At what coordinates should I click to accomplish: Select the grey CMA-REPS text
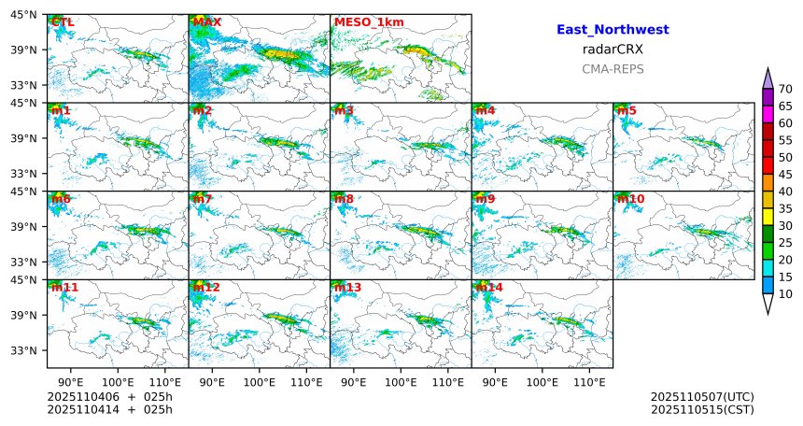(x=613, y=68)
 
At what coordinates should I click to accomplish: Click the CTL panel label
(x=62, y=21)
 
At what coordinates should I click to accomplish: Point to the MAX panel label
(x=206, y=21)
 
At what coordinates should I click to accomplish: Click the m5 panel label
(x=627, y=110)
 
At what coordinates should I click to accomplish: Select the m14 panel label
(x=488, y=288)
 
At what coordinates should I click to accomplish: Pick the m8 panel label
(x=344, y=199)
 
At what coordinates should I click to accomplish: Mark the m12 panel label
(x=205, y=288)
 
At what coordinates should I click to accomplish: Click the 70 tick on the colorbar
(x=785, y=89)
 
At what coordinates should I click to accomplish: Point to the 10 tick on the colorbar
(x=785, y=294)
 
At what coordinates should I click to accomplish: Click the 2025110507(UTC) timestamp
(x=702, y=396)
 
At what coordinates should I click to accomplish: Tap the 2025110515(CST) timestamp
(x=702, y=409)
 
